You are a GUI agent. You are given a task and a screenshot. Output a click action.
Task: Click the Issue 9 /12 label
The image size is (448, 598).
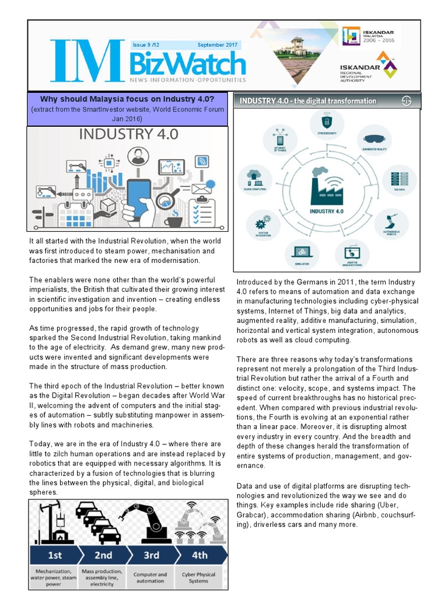149,45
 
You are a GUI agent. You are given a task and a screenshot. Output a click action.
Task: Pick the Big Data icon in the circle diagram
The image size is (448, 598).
400,179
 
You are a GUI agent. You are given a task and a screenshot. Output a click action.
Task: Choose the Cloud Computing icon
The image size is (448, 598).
254,176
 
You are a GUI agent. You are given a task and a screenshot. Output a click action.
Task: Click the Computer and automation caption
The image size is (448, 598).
150,577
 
